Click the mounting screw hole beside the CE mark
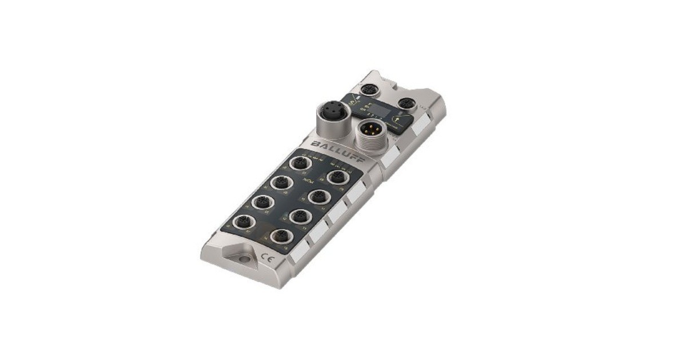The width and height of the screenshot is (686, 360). click(244, 259)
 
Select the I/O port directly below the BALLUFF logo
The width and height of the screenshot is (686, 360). click(300, 163)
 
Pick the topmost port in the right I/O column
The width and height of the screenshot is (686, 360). click(338, 177)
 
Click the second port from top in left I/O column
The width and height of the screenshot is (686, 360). click(281, 183)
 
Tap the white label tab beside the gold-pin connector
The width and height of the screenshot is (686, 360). click(391, 157)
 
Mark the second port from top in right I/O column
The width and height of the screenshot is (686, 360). click(318, 197)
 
